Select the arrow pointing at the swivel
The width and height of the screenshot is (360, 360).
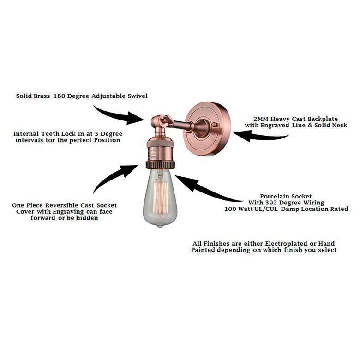tap(117, 114)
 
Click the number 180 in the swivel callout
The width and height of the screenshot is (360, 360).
tap(61, 96)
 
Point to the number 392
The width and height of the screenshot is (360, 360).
tap(283, 203)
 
